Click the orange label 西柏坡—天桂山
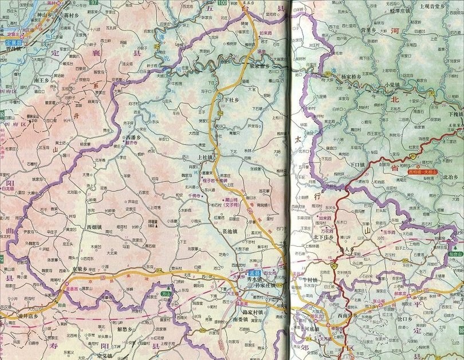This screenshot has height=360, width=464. click(422, 171)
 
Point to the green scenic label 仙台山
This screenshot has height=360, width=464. click(455, 253)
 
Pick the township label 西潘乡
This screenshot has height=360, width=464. click(133, 138)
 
